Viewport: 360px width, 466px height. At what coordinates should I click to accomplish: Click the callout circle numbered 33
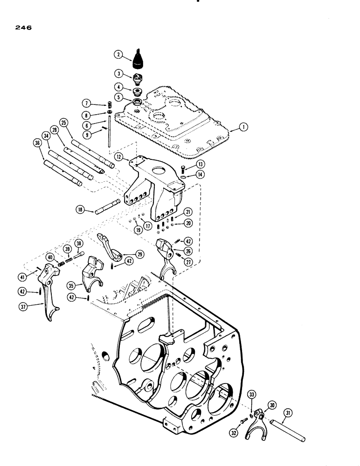(x=251, y=396)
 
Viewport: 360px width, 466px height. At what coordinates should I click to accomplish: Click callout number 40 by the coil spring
(x=50, y=257)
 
